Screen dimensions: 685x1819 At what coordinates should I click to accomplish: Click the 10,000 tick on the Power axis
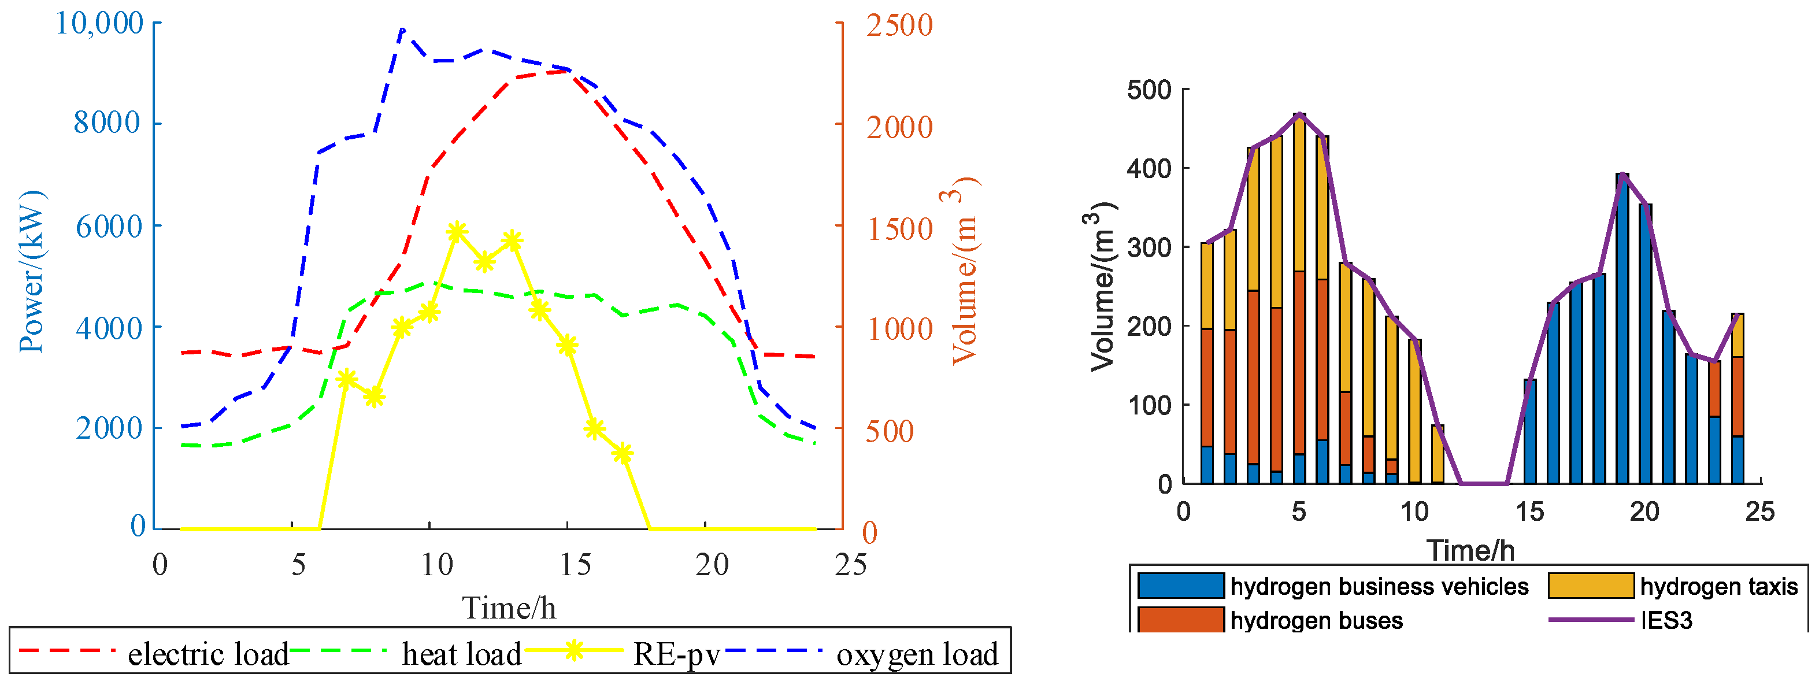click(99, 23)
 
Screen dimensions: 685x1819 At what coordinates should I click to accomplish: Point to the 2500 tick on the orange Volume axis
click(899, 25)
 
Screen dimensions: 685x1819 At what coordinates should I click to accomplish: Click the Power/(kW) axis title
click(32, 272)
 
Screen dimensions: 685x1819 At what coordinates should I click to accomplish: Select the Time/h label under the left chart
click(509, 608)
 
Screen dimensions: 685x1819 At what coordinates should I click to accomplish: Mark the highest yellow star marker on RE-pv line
click(457, 232)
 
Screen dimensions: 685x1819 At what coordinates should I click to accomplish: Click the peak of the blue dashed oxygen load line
click(402, 29)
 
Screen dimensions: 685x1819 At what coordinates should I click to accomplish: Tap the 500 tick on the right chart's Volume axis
click(1149, 90)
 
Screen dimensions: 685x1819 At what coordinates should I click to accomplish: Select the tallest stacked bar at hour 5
click(1299, 297)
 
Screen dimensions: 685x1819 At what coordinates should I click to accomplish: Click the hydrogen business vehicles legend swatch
click(1181, 586)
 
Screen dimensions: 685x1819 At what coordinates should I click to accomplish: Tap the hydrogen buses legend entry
click(1316, 620)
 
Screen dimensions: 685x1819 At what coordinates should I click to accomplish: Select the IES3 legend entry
click(1666, 620)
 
